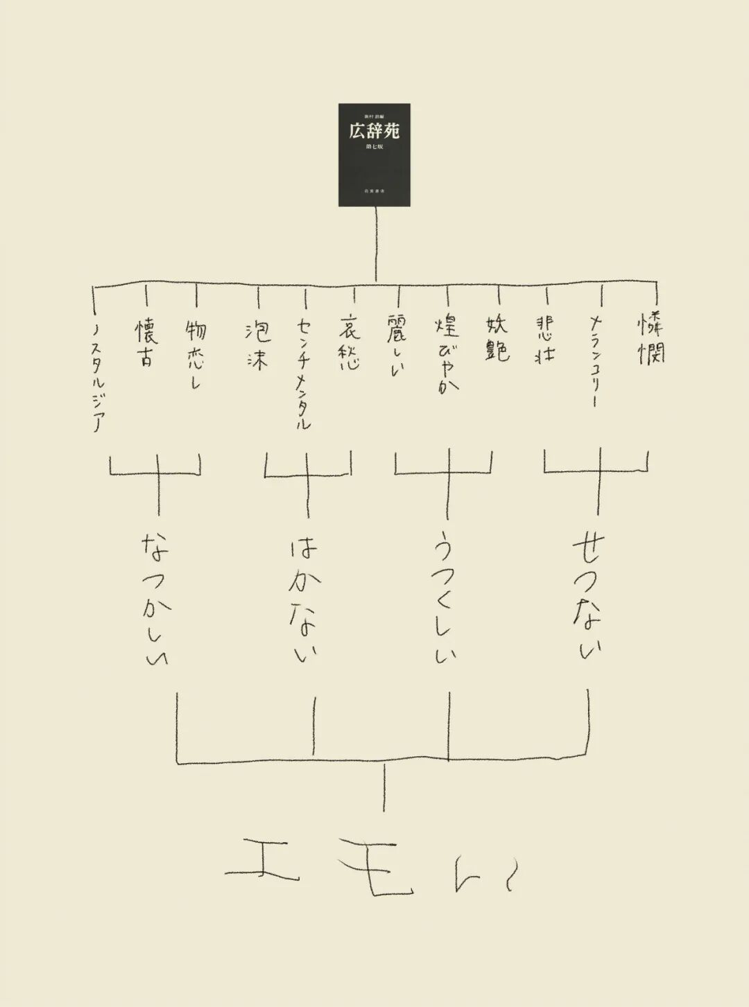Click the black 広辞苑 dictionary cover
tap(374, 155)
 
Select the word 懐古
tap(146, 342)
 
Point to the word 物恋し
tap(196, 353)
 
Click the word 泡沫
tap(257, 345)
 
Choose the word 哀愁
tap(350, 344)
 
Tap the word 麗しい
tap(397, 347)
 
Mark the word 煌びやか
tap(447, 356)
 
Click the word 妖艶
tap(497, 338)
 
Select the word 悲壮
tap(546, 340)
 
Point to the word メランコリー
tap(596, 360)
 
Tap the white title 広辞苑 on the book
tap(374, 130)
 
